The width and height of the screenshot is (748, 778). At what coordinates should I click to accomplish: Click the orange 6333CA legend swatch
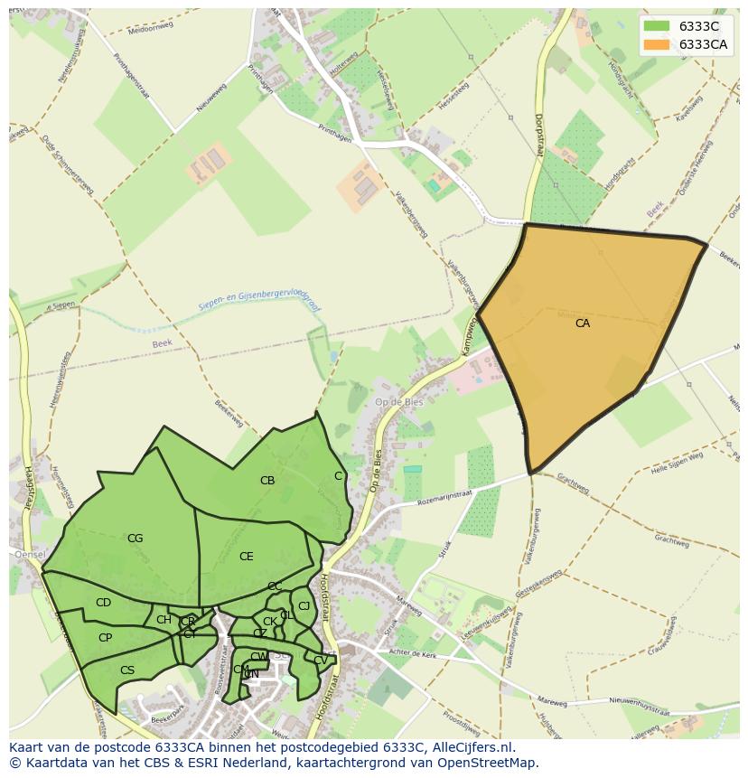click(x=657, y=44)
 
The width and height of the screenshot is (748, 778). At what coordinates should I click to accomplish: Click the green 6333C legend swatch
click(x=657, y=26)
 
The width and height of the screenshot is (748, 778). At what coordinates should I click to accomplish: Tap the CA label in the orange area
click(x=583, y=323)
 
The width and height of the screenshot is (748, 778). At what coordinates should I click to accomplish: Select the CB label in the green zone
click(x=267, y=481)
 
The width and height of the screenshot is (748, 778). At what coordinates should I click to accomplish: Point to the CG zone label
click(x=135, y=539)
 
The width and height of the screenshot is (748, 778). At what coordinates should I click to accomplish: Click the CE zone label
click(x=247, y=557)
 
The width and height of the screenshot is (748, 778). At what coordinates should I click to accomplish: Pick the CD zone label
click(x=103, y=603)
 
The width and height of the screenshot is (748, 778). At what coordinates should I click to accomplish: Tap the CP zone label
click(x=105, y=638)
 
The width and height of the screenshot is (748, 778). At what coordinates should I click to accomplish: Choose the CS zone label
click(x=127, y=670)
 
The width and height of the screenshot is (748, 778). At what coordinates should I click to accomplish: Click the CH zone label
click(x=164, y=620)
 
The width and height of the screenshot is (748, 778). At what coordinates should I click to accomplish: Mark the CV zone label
click(x=321, y=661)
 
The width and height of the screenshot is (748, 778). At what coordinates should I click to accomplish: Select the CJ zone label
click(x=304, y=606)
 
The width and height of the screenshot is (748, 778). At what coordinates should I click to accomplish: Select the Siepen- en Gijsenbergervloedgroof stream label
click(x=260, y=301)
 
